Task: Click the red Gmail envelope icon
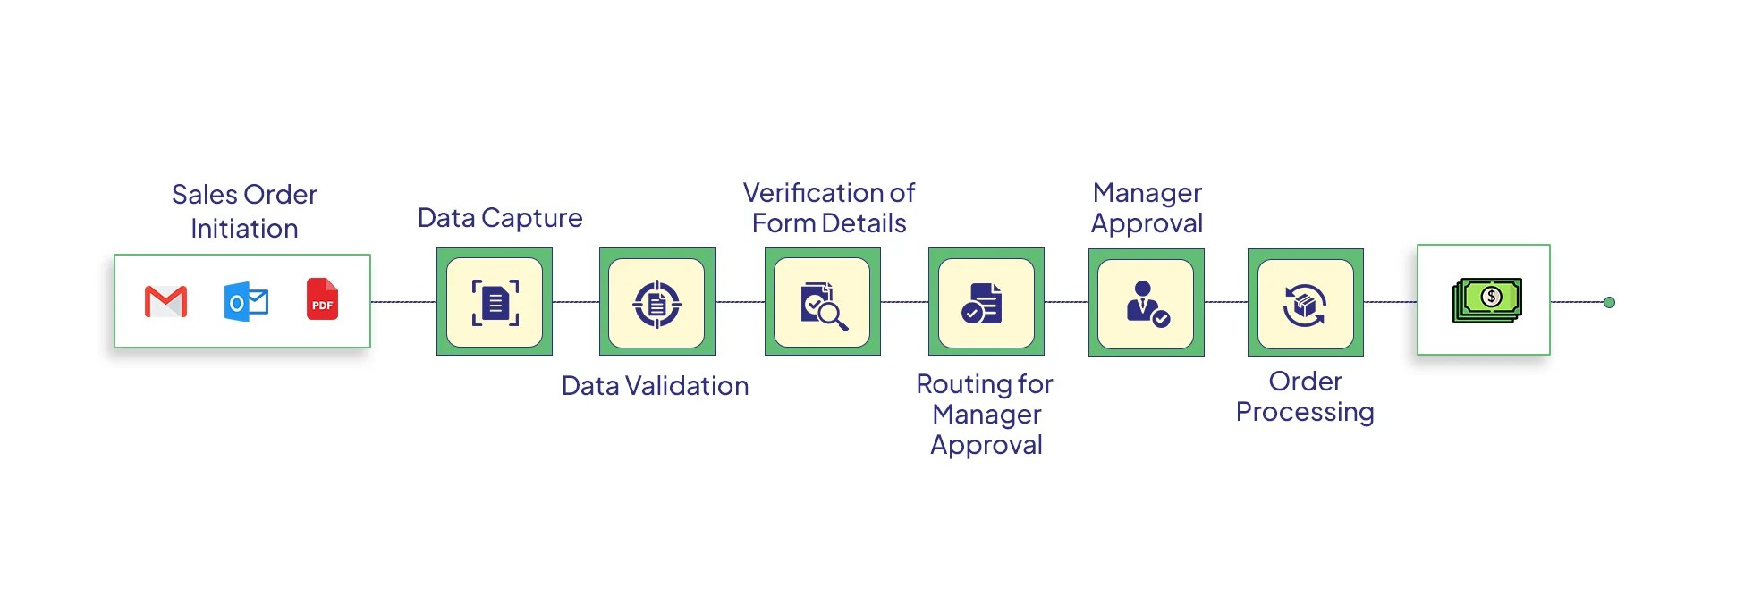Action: click(x=165, y=302)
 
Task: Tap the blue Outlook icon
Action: click(x=246, y=302)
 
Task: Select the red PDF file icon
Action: click(x=322, y=299)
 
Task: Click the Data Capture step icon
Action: click(x=495, y=302)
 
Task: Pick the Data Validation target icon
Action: click(x=657, y=304)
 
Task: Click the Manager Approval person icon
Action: click(x=1147, y=304)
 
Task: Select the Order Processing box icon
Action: click(x=1305, y=305)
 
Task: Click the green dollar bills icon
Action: click(x=1486, y=299)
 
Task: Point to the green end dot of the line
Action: click(x=1609, y=302)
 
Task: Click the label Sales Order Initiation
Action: click(x=244, y=211)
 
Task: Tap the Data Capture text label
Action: click(x=500, y=218)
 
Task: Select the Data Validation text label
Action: click(x=655, y=386)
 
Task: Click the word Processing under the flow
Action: click(x=1304, y=412)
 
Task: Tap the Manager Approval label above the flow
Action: click(x=1147, y=208)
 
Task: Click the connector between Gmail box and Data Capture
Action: click(x=403, y=302)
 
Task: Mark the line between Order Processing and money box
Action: click(x=1390, y=302)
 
